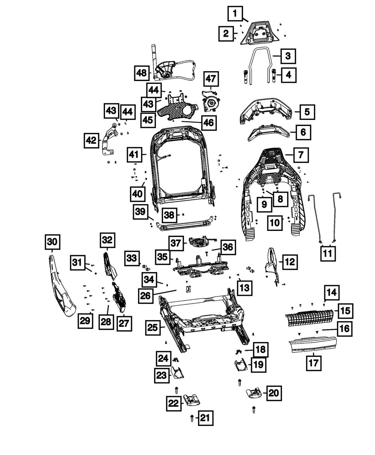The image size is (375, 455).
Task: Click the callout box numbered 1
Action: (x=235, y=15)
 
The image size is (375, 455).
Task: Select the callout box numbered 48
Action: (x=142, y=73)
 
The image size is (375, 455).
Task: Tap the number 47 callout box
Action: (x=211, y=79)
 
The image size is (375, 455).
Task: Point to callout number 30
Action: (x=52, y=242)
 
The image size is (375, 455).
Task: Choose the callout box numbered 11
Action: (x=328, y=254)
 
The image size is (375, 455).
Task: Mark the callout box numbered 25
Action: (x=153, y=328)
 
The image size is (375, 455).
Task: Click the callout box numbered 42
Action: (x=91, y=141)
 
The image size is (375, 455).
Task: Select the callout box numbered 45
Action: (x=149, y=120)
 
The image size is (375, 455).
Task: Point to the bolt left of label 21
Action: (x=192, y=417)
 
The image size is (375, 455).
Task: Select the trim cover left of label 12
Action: (x=273, y=264)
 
